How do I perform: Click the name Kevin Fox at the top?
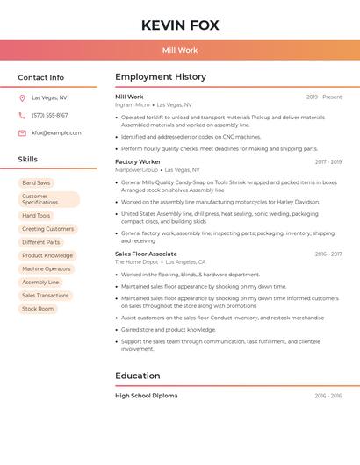[x=180, y=25]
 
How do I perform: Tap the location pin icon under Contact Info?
[x=22, y=98]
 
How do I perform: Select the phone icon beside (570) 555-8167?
[x=22, y=116]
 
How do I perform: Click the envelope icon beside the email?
[x=22, y=133]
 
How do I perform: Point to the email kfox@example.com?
[x=56, y=133]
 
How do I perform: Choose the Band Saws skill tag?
[x=36, y=182]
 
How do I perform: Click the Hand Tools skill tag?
[x=36, y=216]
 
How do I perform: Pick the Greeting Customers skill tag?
[x=47, y=229]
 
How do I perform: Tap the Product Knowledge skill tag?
[x=47, y=255]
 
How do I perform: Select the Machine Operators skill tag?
[x=47, y=268]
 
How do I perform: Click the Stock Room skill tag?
[x=38, y=309]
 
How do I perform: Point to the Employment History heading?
[x=161, y=77]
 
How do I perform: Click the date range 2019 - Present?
[x=324, y=97]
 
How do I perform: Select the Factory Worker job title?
[x=138, y=161]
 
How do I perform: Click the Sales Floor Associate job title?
[x=146, y=254]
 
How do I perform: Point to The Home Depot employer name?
[x=136, y=261]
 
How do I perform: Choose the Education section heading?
[x=138, y=376]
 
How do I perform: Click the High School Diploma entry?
[x=146, y=396]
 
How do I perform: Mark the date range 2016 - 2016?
[x=328, y=396]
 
